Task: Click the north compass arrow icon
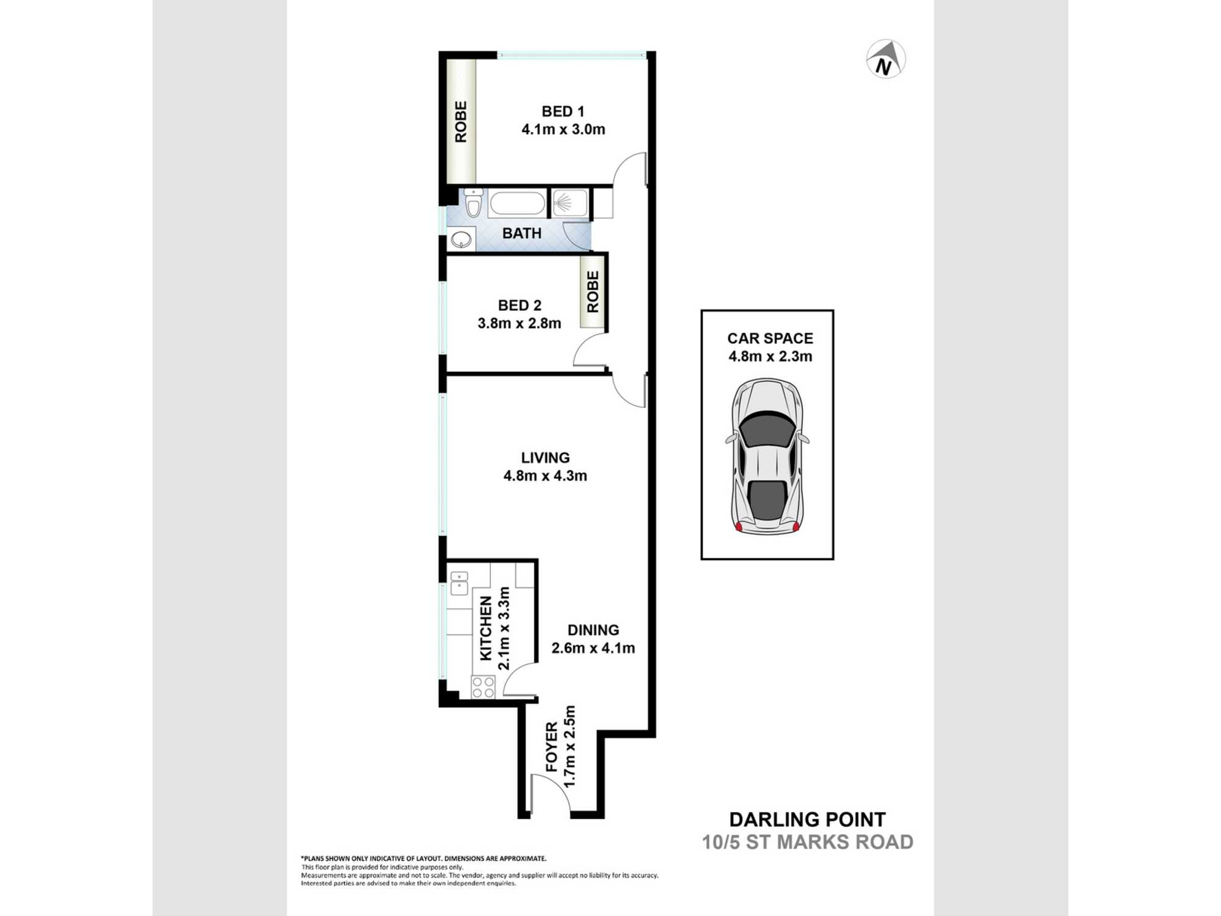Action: pyautogui.click(x=886, y=59)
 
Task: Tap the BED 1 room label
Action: pyautogui.click(x=563, y=111)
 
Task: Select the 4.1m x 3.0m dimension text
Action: pyautogui.click(x=563, y=129)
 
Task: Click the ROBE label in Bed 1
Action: pyautogui.click(x=461, y=122)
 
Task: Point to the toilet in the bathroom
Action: pyautogui.click(x=473, y=202)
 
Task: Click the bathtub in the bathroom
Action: pyautogui.click(x=517, y=203)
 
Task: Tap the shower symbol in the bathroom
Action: pyautogui.click(x=570, y=203)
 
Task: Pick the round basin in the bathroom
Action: pyautogui.click(x=462, y=239)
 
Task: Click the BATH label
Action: pyautogui.click(x=522, y=233)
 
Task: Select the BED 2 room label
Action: pyautogui.click(x=520, y=305)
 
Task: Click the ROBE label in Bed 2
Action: pyautogui.click(x=593, y=292)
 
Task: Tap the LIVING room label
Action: pyautogui.click(x=545, y=458)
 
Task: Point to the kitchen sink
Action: pyautogui.click(x=459, y=583)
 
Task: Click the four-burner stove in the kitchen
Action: pyautogui.click(x=483, y=687)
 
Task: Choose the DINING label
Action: pyautogui.click(x=593, y=630)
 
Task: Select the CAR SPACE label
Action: pyautogui.click(x=770, y=338)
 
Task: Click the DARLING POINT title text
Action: pyautogui.click(x=808, y=820)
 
